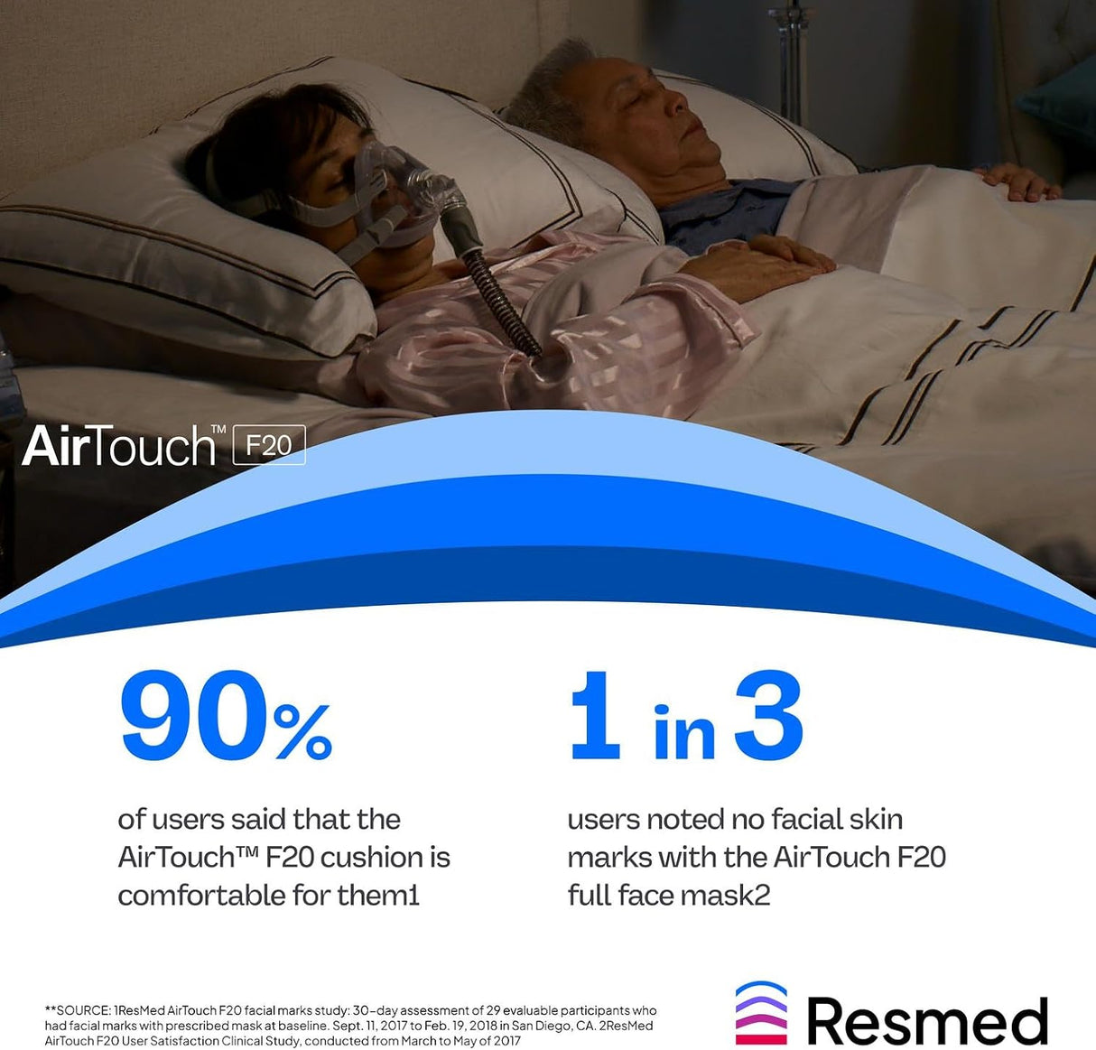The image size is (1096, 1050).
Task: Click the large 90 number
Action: tap(193, 716)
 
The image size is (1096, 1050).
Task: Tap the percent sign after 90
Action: tap(303, 731)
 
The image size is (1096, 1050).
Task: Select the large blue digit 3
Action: tap(768, 716)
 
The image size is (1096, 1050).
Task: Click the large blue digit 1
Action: tap(595, 716)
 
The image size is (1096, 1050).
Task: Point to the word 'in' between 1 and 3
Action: tap(684, 733)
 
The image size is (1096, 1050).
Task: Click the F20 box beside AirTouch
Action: tap(269, 445)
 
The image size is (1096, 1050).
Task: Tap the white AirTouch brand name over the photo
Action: tap(119, 445)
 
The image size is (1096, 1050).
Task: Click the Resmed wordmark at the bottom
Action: tap(927, 1021)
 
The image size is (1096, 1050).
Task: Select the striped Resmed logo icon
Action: tap(761, 1013)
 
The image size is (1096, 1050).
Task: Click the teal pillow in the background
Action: tap(1062, 99)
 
